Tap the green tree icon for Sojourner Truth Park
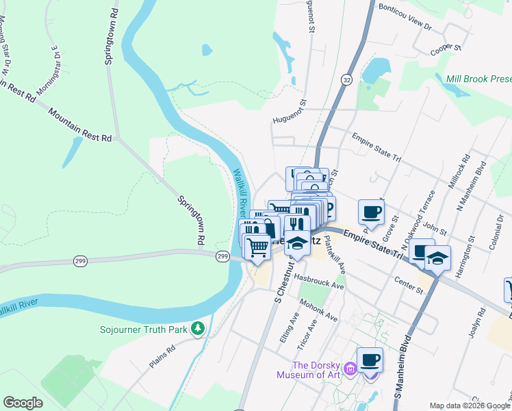[x=199, y=329]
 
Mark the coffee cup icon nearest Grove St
[x=371, y=212]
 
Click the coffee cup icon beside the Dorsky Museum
[x=370, y=360]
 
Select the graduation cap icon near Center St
[x=437, y=258]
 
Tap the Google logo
[x=23, y=403]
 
